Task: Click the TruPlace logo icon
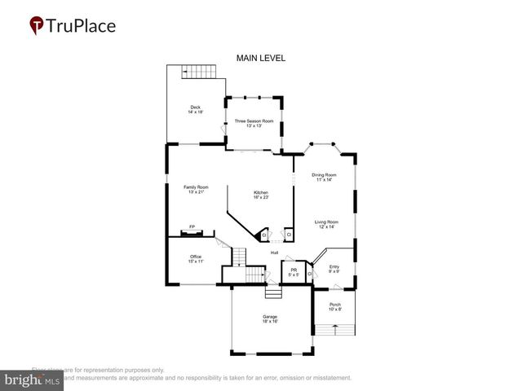click(x=37, y=26)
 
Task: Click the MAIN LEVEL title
click(x=260, y=59)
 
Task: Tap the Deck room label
click(x=195, y=107)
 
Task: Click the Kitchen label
click(x=260, y=192)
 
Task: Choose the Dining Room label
click(x=324, y=174)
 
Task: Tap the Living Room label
click(x=326, y=222)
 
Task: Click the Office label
click(x=196, y=257)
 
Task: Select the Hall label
click(x=275, y=252)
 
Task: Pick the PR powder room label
click(x=294, y=270)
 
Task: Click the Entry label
click(x=334, y=266)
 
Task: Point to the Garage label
click(x=270, y=316)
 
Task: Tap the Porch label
click(x=335, y=304)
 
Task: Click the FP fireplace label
click(x=192, y=226)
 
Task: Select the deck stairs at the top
click(x=201, y=72)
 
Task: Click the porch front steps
click(x=334, y=329)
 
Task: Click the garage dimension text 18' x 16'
click(x=270, y=322)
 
